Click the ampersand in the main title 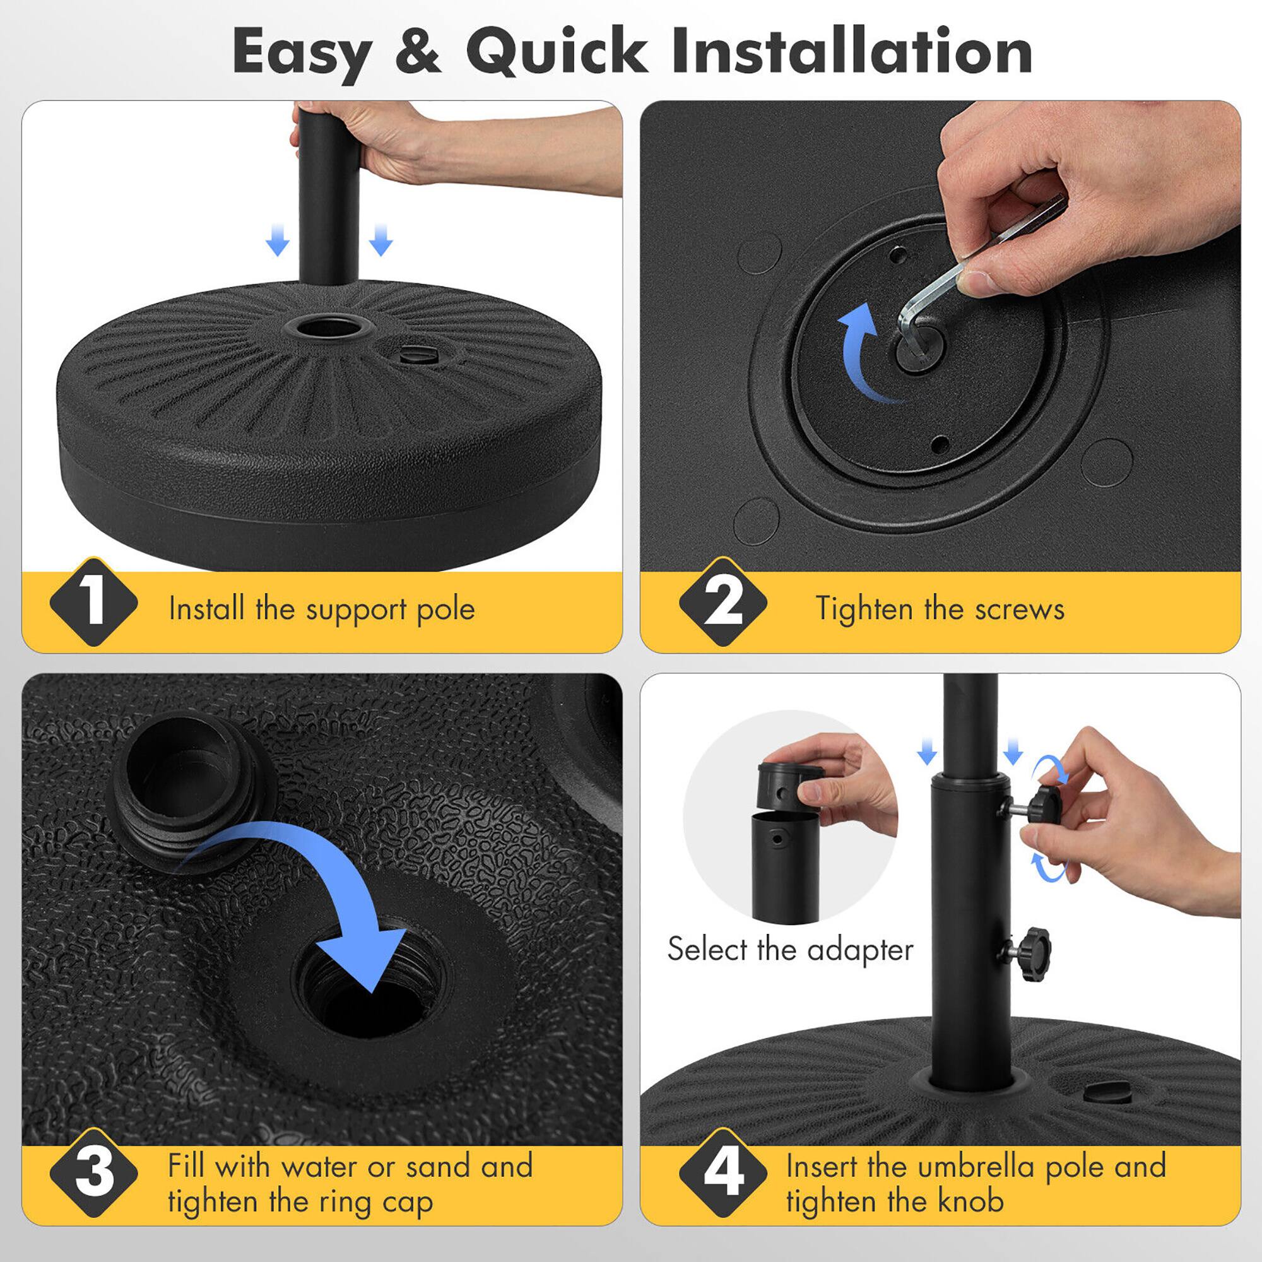tap(418, 51)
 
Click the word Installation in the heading tap(852, 51)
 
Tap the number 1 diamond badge tap(94, 602)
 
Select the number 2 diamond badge tap(723, 602)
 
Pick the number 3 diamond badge tap(94, 1172)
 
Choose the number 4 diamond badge tap(723, 1172)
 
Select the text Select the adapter tap(790, 949)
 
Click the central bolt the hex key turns tap(920, 346)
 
